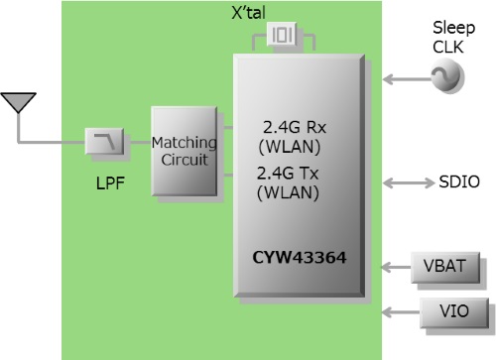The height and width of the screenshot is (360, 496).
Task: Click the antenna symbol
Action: tap(19, 102)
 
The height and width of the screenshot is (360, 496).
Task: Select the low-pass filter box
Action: tap(104, 146)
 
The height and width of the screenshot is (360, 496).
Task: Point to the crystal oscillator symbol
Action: tap(284, 38)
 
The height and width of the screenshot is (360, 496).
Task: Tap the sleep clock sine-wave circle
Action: tap(441, 76)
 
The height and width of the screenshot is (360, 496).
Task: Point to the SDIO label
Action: tap(459, 182)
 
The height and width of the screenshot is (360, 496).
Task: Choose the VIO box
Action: tap(454, 313)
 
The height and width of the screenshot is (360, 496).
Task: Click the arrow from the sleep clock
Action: tap(404, 76)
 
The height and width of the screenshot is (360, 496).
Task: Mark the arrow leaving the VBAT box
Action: tap(398, 267)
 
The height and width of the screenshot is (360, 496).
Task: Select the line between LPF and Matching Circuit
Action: tap(136, 146)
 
